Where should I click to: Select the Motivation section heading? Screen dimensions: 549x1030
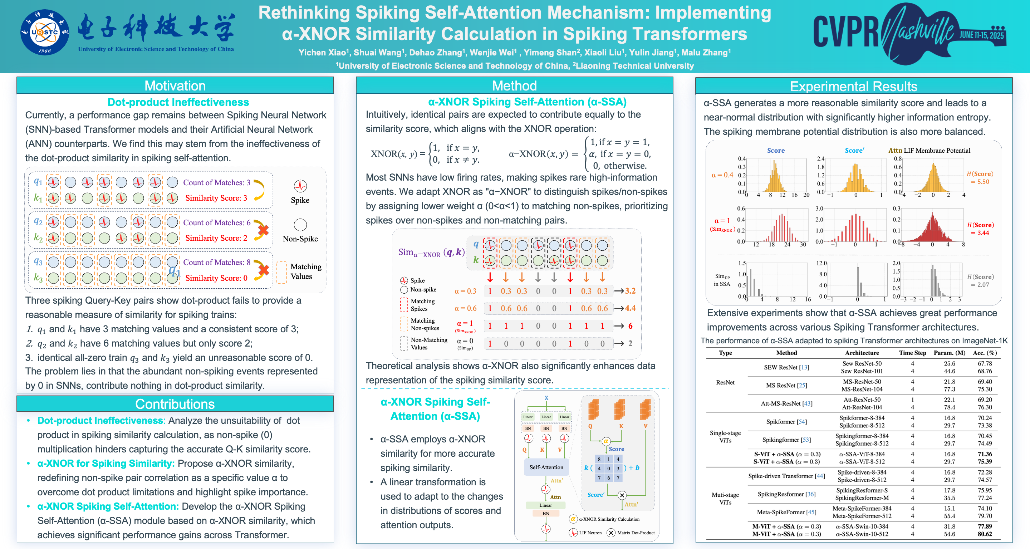[x=175, y=85]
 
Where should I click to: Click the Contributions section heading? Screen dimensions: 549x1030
[x=175, y=404]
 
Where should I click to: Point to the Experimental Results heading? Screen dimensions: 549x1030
[x=853, y=86]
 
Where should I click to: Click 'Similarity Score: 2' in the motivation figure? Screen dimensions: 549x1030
[x=216, y=238]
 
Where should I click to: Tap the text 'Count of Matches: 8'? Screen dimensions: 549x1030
[x=217, y=262]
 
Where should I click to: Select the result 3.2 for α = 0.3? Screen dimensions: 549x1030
[x=630, y=291]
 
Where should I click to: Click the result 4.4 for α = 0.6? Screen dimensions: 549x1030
[x=630, y=308]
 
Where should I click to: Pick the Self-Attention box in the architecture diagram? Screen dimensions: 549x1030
[x=546, y=467]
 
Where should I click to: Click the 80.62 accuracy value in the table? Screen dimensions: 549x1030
[x=985, y=534]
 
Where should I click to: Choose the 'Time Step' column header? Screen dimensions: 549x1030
[x=912, y=353]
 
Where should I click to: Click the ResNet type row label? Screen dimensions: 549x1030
[x=725, y=382]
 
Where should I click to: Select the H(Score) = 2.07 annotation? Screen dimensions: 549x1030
[x=980, y=281]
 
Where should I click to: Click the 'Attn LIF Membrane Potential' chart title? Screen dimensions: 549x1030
[x=929, y=150]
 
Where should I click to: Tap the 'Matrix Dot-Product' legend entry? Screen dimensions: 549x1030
[x=636, y=533]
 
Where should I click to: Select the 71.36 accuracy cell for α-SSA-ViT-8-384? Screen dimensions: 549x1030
[x=985, y=454]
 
